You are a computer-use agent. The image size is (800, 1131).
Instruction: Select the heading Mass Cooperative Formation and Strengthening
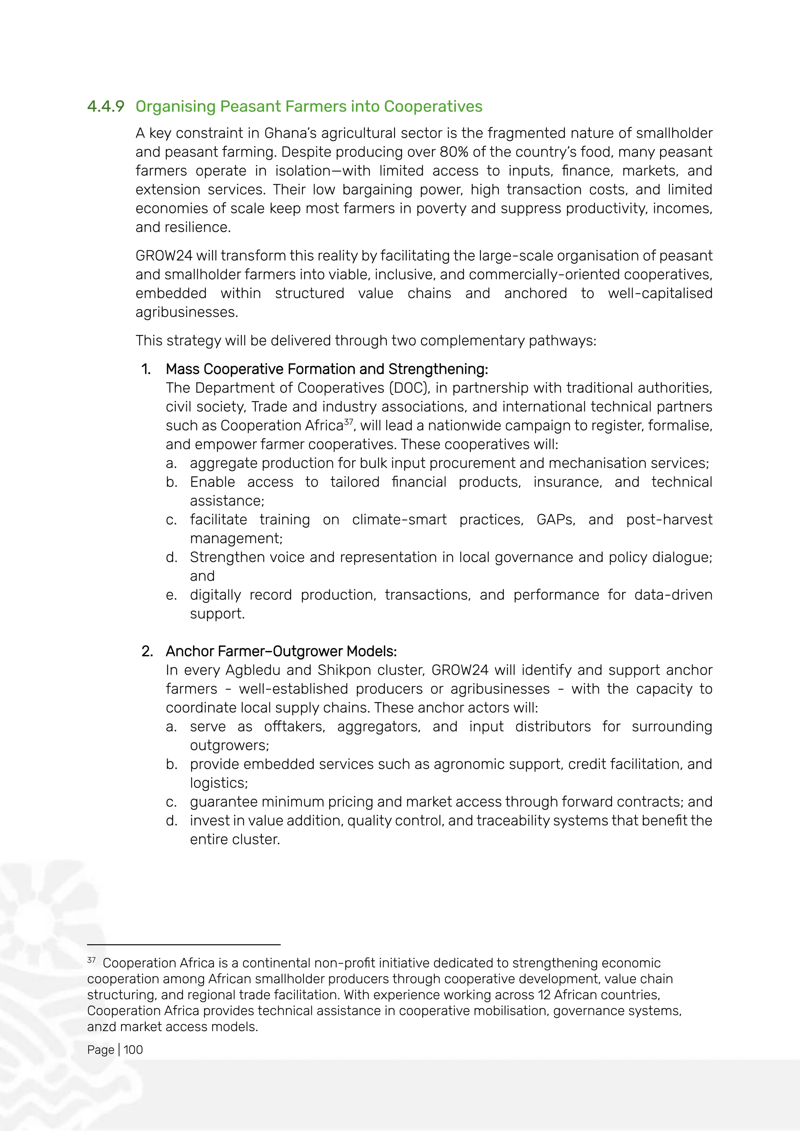tap(327, 369)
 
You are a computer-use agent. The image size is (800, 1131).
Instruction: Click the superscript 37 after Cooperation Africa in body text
tap(348, 422)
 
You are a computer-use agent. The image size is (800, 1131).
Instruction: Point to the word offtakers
tap(294, 726)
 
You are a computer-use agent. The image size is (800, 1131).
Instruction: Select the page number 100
tap(133, 1050)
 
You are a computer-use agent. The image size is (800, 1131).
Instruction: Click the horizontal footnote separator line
tap(183, 945)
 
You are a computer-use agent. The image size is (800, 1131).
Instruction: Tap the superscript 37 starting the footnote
tap(91, 960)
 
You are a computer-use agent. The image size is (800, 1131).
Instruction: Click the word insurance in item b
tap(568, 482)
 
